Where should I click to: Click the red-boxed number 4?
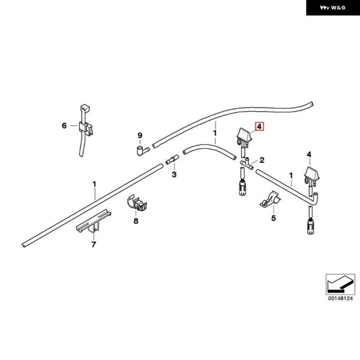pos(259,127)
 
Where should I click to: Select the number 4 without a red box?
pos(310,155)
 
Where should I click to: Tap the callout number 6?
pos(64,126)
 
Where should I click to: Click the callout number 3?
pos(174,175)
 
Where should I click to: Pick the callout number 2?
pos(262,161)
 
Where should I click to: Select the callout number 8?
pos(136,221)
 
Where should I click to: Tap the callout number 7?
pos(93,245)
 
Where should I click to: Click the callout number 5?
pos(273,218)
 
